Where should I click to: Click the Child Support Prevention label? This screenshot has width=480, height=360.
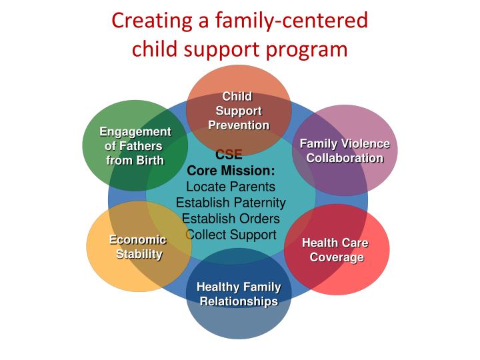coord(239,111)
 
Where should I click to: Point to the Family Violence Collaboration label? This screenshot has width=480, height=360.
coord(345,151)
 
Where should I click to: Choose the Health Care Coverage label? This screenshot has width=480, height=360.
coord(336,250)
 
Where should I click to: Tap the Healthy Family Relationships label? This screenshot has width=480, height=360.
coord(239,294)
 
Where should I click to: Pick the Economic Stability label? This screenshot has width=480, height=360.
coord(139,247)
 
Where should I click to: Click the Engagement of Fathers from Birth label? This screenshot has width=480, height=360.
coord(135,145)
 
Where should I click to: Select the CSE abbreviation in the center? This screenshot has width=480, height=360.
coord(229,156)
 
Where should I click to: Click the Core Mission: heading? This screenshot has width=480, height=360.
coord(231,171)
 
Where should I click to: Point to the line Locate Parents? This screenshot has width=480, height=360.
coord(231,187)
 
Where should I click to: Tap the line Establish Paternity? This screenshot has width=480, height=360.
coord(231,203)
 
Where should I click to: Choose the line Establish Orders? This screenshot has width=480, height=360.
coord(231,219)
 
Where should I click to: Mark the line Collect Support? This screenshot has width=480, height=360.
coord(231,235)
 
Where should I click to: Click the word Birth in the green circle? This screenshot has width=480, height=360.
coord(151,160)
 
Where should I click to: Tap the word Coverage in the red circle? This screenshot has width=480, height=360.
coord(337,257)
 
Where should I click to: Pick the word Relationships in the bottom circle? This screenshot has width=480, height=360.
coord(239,301)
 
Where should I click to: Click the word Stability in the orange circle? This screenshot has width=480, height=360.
coord(139,254)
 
